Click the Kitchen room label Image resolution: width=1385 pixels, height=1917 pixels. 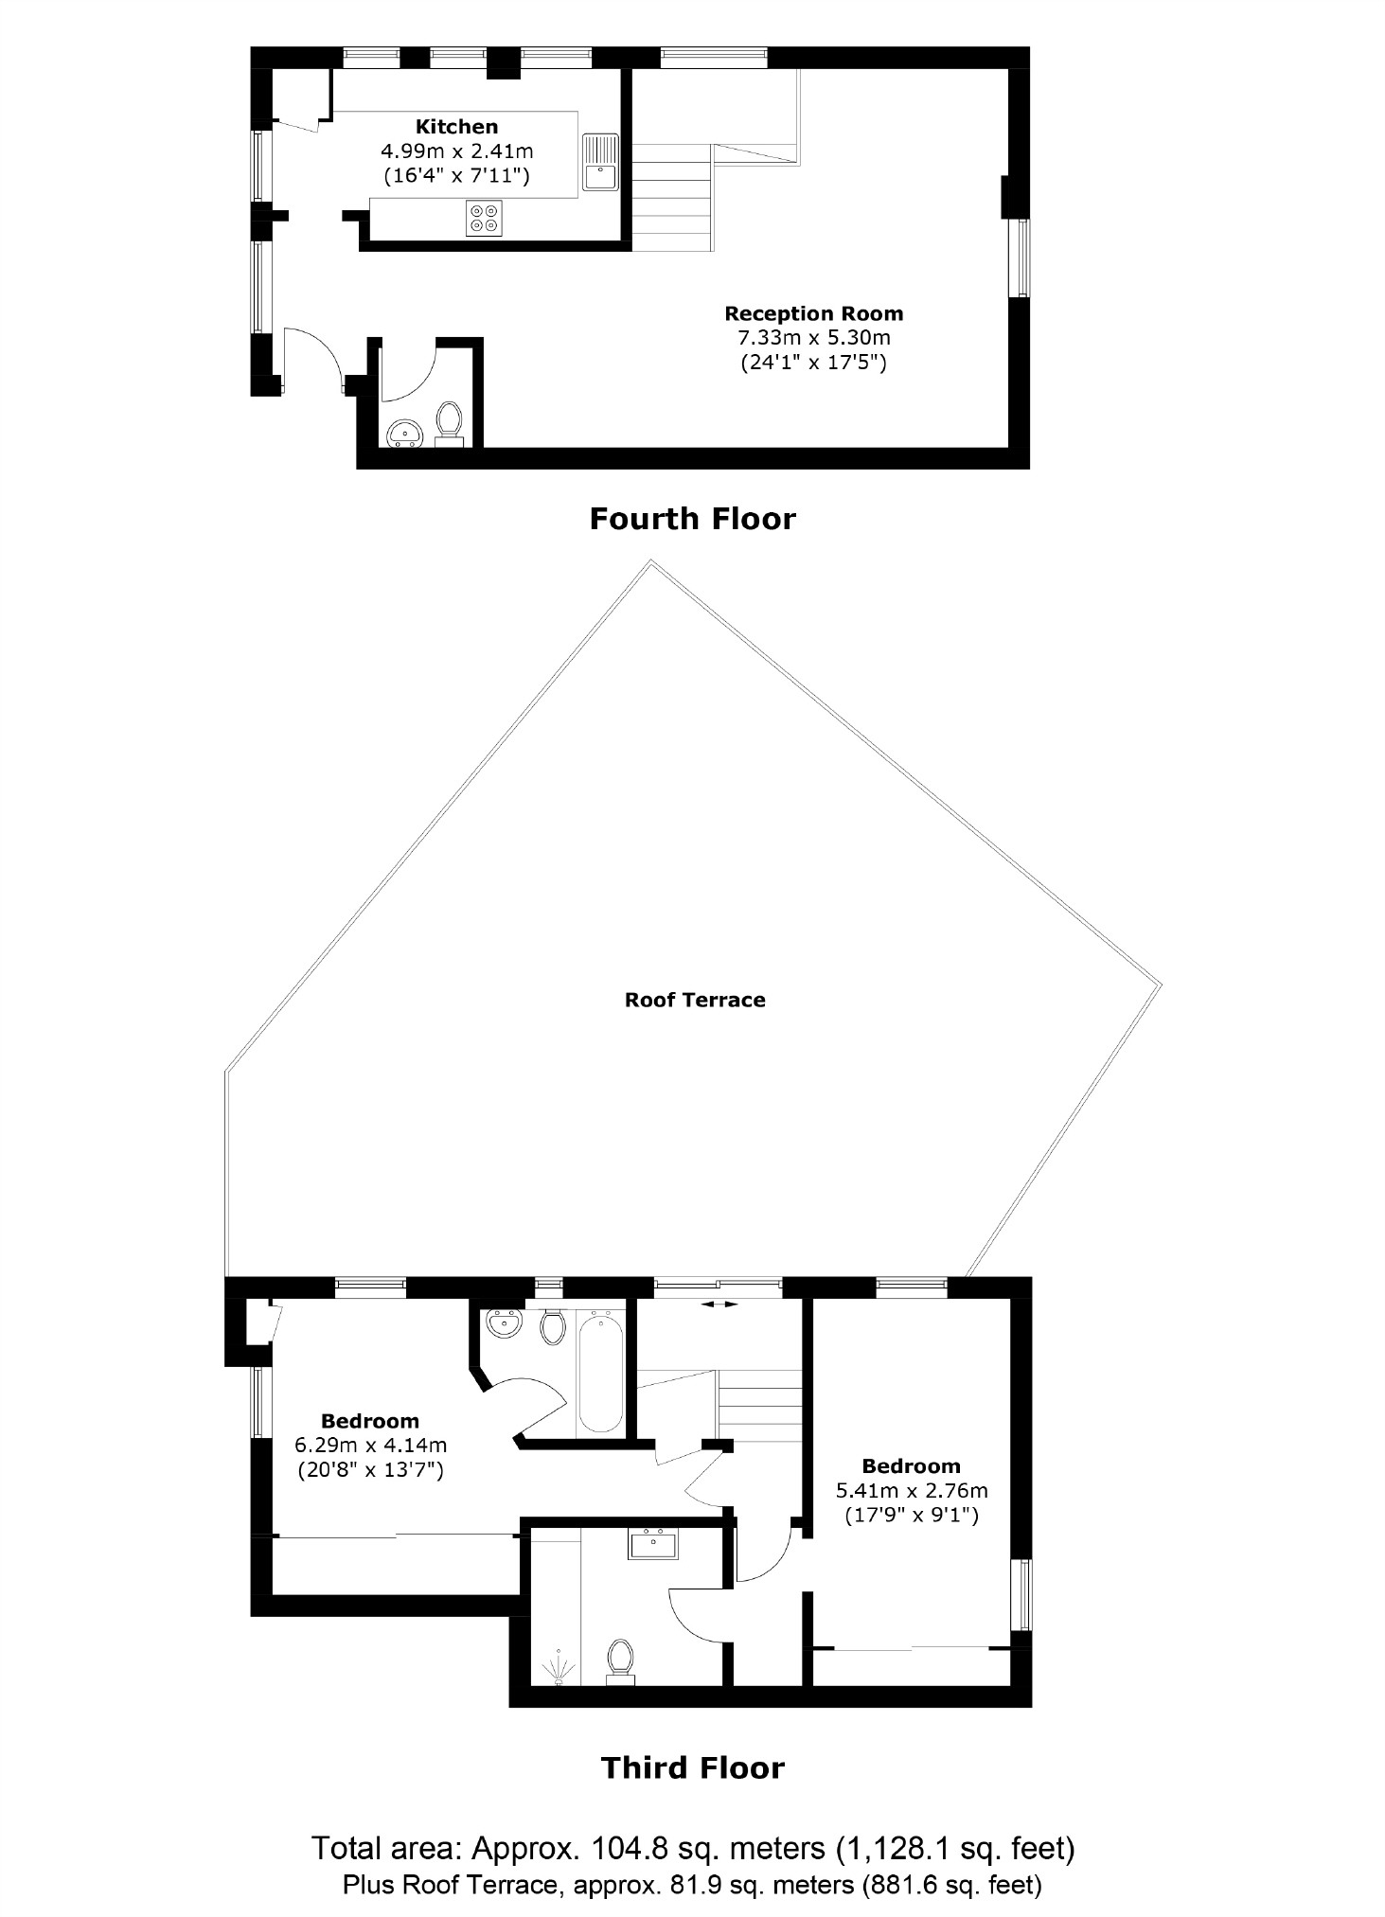[456, 127]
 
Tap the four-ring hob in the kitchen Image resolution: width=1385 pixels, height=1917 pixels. [484, 218]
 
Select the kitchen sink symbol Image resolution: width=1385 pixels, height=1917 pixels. [600, 162]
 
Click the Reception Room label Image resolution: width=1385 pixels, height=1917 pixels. [813, 313]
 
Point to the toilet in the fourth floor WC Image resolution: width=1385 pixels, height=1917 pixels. [449, 422]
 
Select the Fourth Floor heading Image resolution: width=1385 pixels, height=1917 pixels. [692, 519]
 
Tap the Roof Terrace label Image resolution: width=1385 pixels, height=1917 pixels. [694, 1000]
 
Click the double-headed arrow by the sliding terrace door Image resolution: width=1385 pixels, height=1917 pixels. [719, 1305]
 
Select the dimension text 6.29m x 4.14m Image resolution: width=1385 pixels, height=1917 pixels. [370, 1446]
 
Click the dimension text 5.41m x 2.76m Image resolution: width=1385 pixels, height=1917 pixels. [911, 1490]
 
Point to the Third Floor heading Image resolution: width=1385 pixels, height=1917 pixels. [692, 1768]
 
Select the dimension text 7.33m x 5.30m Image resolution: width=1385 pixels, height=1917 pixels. [813, 338]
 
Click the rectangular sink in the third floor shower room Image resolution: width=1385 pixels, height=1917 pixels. [653, 1545]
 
